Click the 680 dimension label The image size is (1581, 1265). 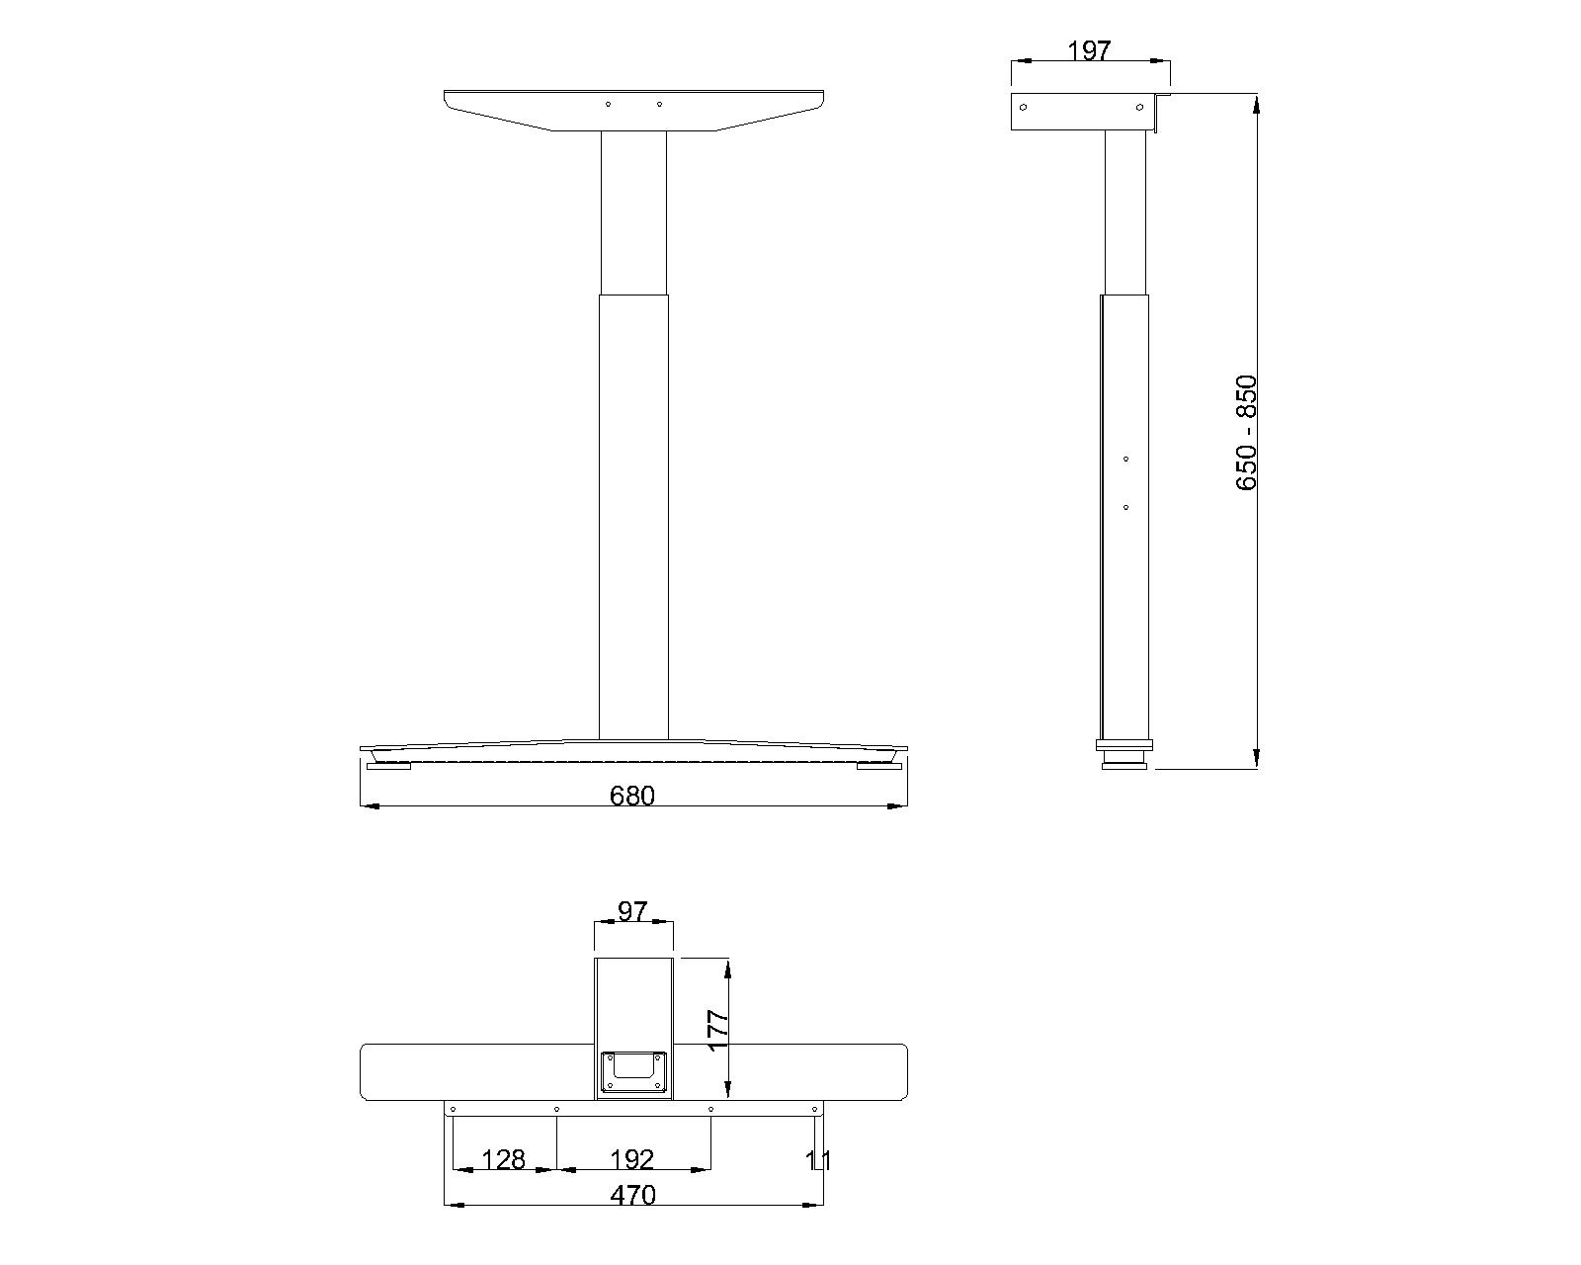tap(631, 796)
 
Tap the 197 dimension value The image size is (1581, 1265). tap(1089, 50)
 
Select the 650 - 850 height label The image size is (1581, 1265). tap(1246, 433)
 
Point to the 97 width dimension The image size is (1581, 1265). tap(632, 911)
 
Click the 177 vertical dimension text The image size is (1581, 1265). tap(717, 1031)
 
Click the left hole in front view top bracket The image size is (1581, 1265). tap(608, 105)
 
